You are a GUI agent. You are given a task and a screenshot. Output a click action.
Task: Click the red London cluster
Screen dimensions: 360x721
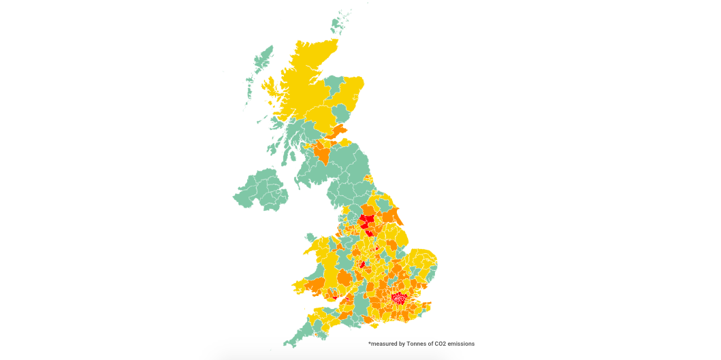(x=398, y=297)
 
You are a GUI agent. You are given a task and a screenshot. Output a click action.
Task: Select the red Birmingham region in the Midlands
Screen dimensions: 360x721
(x=362, y=264)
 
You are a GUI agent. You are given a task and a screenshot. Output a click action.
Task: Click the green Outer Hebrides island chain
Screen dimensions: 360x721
(x=257, y=68)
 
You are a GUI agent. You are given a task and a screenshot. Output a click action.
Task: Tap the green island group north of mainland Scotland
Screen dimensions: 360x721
(x=338, y=24)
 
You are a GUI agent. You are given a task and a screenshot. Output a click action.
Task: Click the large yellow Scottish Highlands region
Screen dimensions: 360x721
(x=303, y=82)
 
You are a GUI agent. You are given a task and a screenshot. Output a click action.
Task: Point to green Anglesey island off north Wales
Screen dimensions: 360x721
(x=310, y=238)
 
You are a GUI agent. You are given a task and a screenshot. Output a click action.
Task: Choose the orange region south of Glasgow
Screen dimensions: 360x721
(x=322, y=153)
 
